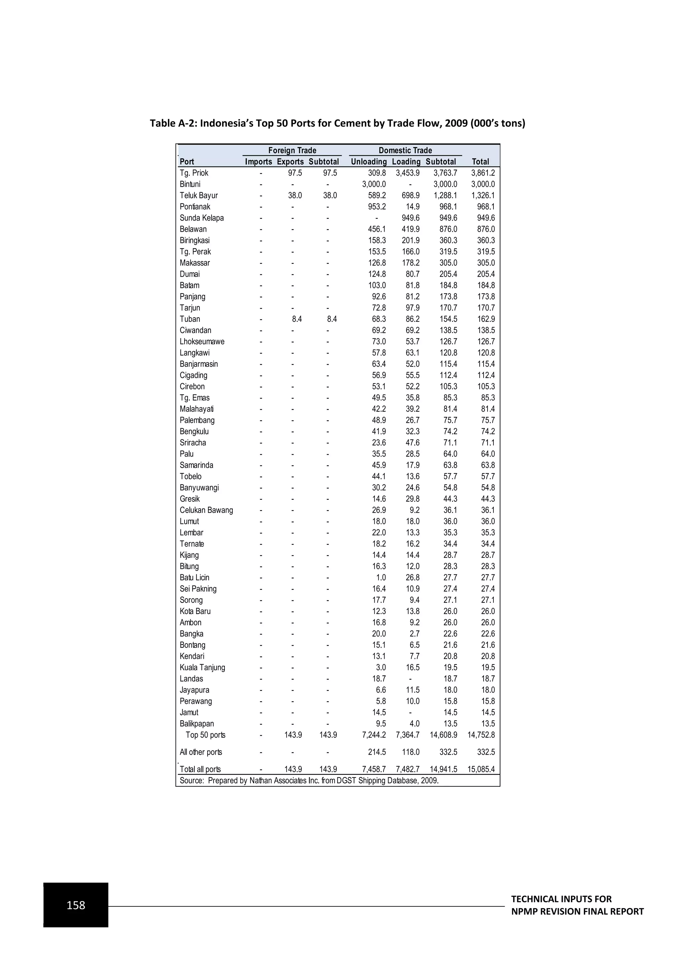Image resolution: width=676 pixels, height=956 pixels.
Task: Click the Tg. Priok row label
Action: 194,173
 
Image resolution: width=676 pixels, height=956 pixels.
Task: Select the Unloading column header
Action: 368,161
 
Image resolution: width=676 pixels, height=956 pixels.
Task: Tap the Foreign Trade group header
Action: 292,150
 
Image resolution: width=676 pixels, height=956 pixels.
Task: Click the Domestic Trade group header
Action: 405,150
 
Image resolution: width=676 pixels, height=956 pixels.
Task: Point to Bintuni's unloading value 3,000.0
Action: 373,184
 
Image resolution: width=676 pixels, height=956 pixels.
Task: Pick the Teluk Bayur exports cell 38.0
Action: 295,195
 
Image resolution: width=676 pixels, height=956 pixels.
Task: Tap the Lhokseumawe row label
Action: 202,341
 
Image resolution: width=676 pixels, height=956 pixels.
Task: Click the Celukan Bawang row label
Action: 206,510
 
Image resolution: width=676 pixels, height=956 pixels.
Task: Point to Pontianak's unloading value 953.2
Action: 377,207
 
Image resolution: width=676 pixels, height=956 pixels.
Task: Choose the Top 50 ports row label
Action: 205,735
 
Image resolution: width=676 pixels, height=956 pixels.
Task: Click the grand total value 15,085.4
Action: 481,769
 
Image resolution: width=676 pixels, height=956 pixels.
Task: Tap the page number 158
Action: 76,905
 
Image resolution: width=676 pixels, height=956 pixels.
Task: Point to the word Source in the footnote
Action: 191,780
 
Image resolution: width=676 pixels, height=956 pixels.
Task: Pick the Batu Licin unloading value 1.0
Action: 381,577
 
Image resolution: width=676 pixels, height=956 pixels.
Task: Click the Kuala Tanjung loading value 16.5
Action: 413,667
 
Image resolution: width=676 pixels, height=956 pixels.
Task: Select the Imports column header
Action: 258,161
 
